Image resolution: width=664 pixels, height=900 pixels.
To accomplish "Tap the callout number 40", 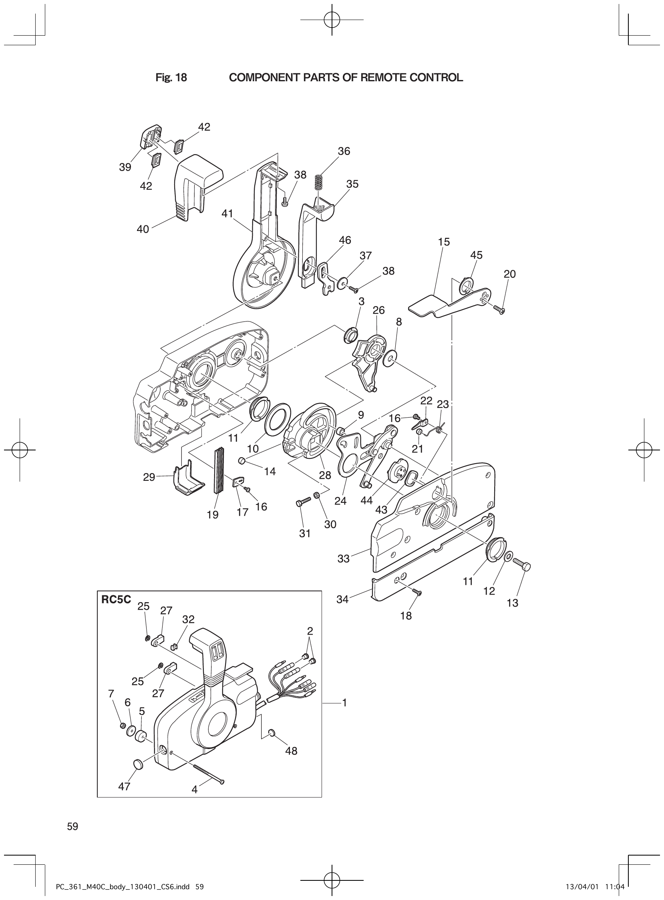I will [x=143, y=229].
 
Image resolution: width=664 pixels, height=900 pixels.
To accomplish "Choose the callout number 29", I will [x=149, y=477].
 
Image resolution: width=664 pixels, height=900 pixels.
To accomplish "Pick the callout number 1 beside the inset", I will [x=344, y=703].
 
